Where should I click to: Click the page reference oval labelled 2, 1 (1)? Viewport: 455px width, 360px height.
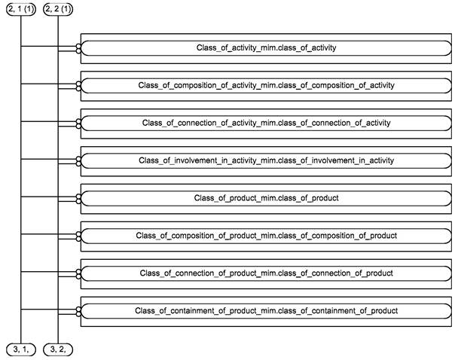point(21,9)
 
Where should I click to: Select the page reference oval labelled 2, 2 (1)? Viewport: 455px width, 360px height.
point(58,9)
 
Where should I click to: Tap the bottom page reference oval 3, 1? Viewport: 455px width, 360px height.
point(21,349)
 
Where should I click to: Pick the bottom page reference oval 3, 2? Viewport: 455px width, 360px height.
point(58,349)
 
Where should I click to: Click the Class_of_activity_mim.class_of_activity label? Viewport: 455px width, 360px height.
point(266,48)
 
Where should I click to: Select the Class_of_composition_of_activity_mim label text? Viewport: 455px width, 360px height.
point(266,86)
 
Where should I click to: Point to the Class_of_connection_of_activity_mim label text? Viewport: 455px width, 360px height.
point(266,123)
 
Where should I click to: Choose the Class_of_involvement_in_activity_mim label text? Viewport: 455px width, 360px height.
point(266,160)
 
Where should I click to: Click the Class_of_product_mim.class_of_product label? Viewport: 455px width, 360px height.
point(266,198)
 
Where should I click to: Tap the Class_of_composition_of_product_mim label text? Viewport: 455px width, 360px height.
point(266,236)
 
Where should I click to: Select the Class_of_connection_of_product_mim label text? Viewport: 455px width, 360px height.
point(266,273)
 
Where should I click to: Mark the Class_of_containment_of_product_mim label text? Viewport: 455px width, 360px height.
point(266,311)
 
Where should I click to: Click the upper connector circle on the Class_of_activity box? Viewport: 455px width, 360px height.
point(78,46)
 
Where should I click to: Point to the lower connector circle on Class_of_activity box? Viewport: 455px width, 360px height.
point(78,51)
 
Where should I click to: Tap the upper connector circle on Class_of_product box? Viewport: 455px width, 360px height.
point(78,197)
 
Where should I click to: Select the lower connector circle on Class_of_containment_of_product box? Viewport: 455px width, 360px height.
point(78,314)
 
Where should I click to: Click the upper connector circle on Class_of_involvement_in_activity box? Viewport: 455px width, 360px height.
point(78,159)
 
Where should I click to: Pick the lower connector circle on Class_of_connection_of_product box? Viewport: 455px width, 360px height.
point(78,276)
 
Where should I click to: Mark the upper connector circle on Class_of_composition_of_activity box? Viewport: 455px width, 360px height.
point(78,84)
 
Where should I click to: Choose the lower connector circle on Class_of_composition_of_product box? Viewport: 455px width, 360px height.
point(78,239)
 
